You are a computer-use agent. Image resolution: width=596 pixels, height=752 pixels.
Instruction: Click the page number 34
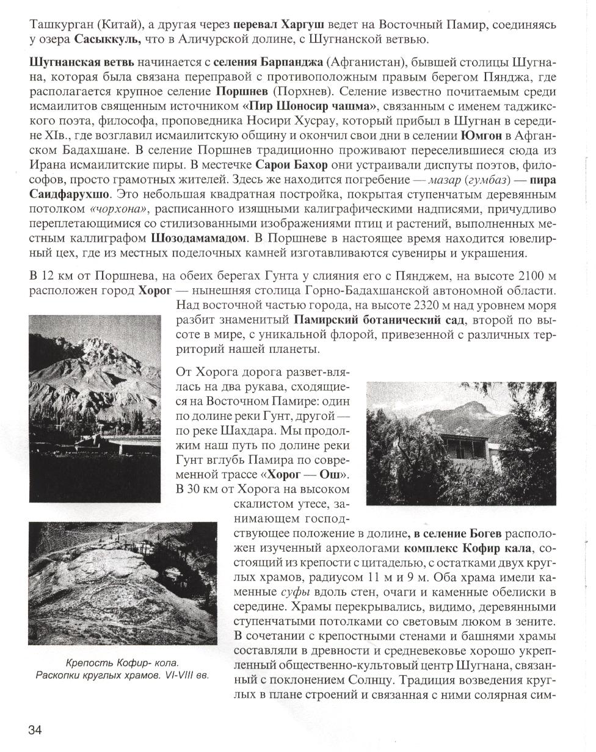coord(35,729)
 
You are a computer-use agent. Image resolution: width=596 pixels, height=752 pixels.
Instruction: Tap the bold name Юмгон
coord(483,136)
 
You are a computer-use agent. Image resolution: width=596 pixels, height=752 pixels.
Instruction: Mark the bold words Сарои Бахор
coord(292,165)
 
